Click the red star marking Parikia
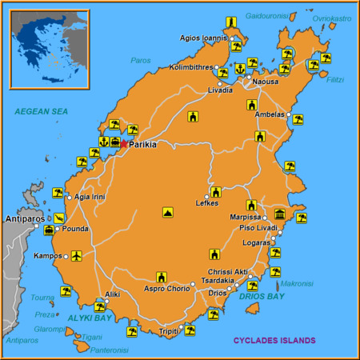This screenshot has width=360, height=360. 123,145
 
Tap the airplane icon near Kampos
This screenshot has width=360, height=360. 77,256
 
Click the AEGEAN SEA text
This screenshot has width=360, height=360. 39,112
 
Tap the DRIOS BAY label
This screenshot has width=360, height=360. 262,297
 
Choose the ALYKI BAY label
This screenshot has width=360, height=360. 89,318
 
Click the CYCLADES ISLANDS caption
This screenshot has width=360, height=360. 274,340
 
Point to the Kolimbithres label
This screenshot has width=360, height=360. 191,68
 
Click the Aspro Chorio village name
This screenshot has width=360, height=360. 166,288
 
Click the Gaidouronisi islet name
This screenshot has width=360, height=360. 267,15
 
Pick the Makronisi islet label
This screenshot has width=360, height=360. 297,282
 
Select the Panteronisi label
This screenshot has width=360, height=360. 109,349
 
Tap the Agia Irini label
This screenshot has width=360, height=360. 89,196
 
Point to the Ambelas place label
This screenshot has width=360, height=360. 270,114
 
